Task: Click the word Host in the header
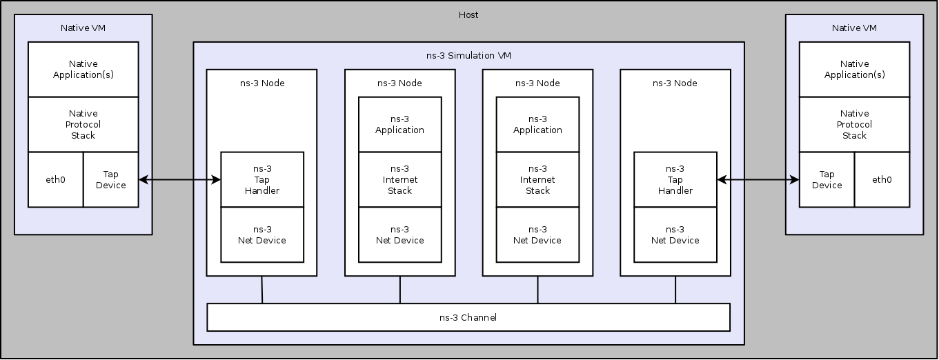point(468,14)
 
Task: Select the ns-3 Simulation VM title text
point(468,55)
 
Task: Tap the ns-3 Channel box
point(468,317)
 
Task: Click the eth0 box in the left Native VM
point(55,179)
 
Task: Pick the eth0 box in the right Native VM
point(882,179)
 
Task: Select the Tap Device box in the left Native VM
point(111,179)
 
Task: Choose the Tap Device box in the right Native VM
point(827,179)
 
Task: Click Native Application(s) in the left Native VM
point(83,69)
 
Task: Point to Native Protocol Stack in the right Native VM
point(854,124)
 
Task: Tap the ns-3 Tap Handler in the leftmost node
point(262,179)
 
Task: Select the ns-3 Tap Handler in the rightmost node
point(675,179)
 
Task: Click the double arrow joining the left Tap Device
point(179,180)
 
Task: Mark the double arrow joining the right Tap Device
point(758,180)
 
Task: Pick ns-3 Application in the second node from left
point(399,124)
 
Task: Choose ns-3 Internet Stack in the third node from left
point(537,179)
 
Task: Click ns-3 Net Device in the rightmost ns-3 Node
point(675,234)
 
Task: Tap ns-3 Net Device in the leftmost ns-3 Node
point(262,234)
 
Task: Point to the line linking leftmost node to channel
point(262,290)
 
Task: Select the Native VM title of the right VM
point(854,28)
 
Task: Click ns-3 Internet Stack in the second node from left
point(399,179)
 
